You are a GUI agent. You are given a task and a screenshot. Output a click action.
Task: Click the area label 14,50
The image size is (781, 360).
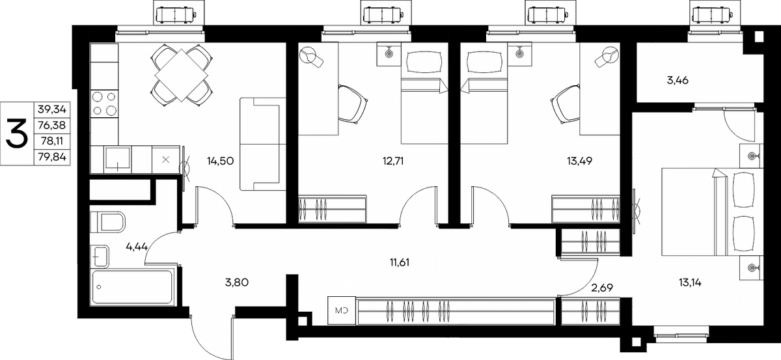pos(220,161)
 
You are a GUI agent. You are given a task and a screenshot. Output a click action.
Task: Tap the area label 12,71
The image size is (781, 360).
pos(393,161)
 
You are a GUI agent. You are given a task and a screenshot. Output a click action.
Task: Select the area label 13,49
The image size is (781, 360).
pos(579,161)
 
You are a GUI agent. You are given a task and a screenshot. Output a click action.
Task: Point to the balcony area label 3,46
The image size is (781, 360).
pos(678,81)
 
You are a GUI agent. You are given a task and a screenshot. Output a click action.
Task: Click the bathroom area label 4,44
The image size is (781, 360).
pos(137,247)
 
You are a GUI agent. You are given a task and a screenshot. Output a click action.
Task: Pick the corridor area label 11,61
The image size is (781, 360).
pos(399,262)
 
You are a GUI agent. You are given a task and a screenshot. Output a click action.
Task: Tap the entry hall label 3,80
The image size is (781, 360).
pos(237,283)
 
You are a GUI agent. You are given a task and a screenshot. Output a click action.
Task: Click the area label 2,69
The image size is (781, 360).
pos(602,288)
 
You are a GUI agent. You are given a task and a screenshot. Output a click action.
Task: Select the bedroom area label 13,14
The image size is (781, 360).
pos(690,283)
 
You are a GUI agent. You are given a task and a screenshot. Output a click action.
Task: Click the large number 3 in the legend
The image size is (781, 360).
pos(17,133)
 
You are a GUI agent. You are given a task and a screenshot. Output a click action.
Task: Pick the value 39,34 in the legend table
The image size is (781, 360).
pos(52,109)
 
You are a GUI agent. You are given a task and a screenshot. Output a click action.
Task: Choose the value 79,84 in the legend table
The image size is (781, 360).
pos(52,157)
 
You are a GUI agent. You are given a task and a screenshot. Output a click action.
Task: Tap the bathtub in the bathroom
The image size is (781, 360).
pos(132,288)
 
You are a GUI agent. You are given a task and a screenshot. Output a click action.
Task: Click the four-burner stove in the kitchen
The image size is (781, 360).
pos(104,104)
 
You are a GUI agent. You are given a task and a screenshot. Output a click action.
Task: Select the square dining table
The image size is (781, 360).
pos(182,76)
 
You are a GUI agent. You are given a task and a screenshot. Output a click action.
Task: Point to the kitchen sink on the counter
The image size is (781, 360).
pos(118,159)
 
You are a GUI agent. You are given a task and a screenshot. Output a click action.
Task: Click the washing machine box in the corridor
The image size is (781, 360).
pos(342,311)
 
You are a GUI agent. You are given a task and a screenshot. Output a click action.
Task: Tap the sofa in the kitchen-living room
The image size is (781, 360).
pos(262,144)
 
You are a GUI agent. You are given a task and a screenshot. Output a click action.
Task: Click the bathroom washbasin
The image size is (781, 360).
pos(100,256)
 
